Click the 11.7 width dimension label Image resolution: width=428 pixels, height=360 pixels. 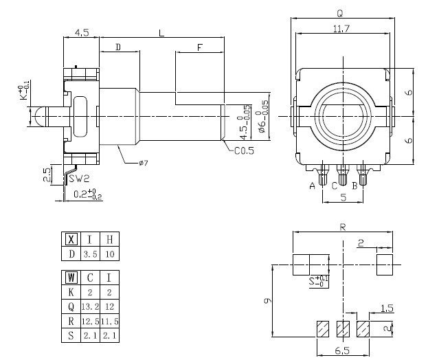pyautogui.click(x=341, y=28)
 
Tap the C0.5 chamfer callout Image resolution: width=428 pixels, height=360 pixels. pyautogui.click(x=244, y=150)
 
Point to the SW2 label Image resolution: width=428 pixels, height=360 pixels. pyautogui.click(x=79, y=179)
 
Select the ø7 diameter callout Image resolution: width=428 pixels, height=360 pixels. pyautogui.click(x=144, y=163)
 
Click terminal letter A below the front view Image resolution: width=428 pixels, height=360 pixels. pyautogui.click(x=313, y=186)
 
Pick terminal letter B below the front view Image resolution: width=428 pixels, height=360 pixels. pyautogui.click(x=354, y=186)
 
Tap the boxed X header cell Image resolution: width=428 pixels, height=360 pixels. pyautogui.click(x=71, y=239)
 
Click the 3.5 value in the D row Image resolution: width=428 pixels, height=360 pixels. pyautogui.click(x=91, y=254)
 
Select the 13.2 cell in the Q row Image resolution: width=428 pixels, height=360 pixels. pyautogui.click(x=91, y=306)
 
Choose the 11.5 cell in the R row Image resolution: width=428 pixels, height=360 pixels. pyautogui.click(x=110, y=322)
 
